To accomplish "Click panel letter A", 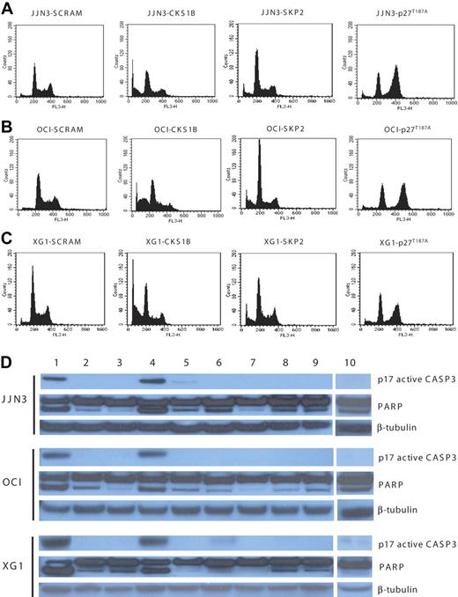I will coord(8,9).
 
